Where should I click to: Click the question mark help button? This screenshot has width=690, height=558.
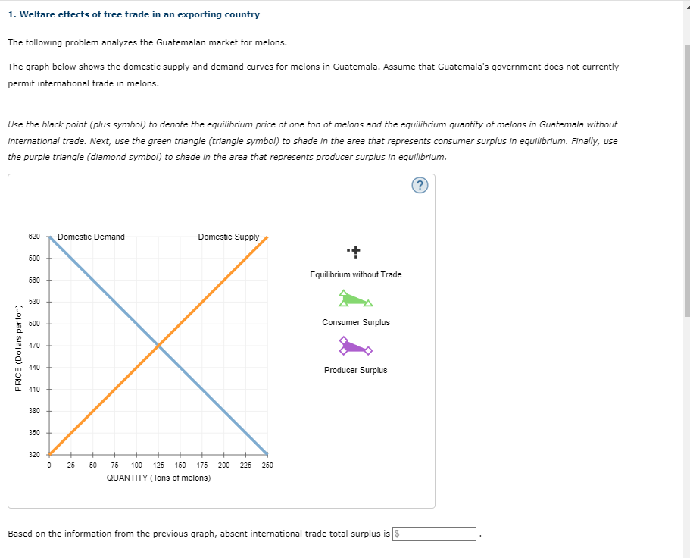pos(421,186)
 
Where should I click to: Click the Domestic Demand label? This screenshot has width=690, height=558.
pos(91,237)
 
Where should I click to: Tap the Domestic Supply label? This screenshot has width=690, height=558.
pos(228,237)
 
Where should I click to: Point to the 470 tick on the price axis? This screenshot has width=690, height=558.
pos(34,346)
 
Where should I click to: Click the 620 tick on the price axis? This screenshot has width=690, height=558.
pos(34,237)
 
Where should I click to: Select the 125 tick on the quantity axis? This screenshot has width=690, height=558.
pos(159,465)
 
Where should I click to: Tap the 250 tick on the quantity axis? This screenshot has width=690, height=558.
pos(267,465)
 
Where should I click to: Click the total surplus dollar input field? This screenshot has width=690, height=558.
pos(435,534)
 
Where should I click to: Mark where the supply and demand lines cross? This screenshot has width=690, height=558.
pos(158,346)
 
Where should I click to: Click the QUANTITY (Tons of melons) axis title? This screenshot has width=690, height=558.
pos(158,478)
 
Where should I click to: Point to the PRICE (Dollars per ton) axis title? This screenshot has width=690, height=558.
pos(18,346)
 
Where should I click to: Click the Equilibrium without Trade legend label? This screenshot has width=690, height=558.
pos(355,274)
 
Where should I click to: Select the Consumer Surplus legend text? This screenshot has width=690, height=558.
pos(355,322)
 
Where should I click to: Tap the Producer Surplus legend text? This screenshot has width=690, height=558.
pos(355,370)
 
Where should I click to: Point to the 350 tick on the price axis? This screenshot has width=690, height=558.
pos(34,433)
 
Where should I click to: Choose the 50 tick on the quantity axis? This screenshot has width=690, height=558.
pos(92,465)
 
